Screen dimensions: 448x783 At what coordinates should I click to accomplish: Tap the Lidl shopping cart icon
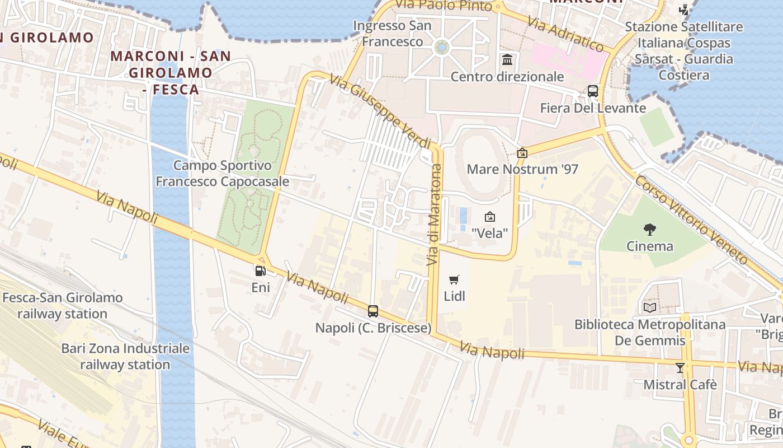click(x=454, y=279)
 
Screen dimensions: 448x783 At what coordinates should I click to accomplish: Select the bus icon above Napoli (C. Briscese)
click(x=373, y=311)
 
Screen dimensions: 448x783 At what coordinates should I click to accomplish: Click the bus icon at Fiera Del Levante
click(x=593, y=91)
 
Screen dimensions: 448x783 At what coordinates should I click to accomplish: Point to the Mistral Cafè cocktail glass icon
click(x=680, y=368)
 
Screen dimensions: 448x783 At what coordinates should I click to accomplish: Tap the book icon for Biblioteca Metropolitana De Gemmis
click(x=650, y=307)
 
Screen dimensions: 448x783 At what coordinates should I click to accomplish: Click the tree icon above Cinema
click(x=649, y=229)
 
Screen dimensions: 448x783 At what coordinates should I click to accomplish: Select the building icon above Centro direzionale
click(x=507, y=59)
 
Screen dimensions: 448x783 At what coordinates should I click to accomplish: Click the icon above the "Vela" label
click(x=490, y=217)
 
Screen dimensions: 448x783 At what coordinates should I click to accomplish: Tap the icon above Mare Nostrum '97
click(x=522, y=152)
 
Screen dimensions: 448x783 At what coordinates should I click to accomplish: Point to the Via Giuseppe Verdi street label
click(x=380, y=112)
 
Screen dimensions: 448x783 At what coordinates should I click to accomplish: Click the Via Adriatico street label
click(x=565, y=35)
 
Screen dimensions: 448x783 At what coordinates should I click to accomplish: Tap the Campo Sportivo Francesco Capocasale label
click(x=222, y=174)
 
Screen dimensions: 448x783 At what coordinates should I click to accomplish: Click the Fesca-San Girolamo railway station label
click(x=62, y=305)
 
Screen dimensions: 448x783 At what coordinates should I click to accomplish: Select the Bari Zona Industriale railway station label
click(x=125, y=356)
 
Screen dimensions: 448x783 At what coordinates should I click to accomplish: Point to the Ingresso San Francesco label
click(x=393, y=34)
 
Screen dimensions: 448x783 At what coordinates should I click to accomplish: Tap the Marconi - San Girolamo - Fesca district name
click(x=171, y=73)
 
